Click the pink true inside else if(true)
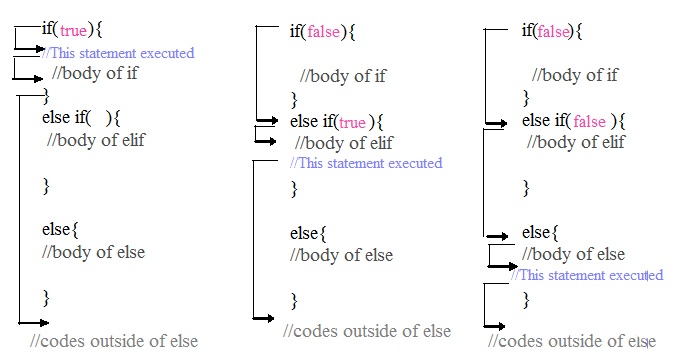tap(352, 122)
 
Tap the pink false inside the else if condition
tap(590, 122)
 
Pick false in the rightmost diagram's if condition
tap(553, 31)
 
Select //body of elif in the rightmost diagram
tap(575, 142)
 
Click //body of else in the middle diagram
tap(341, 255)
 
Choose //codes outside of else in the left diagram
tap(113, 341)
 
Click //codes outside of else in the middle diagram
tap(367, 331)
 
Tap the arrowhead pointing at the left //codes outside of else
tap(44, 322)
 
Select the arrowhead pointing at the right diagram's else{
tap(510, 236)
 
